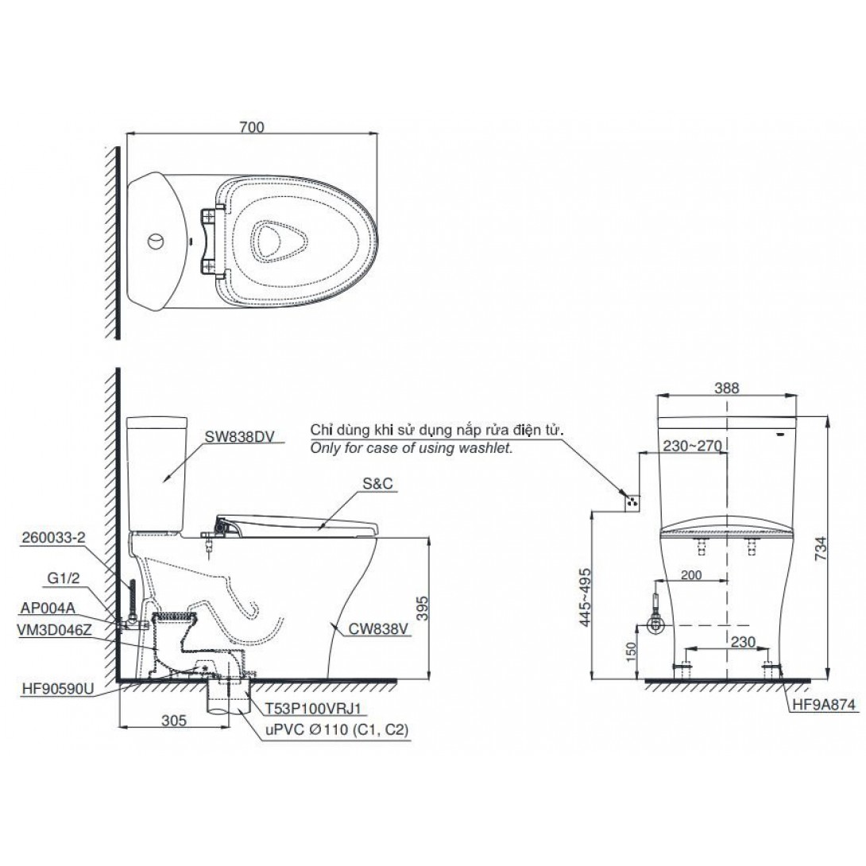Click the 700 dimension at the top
pyautogui.click(x=252, y=126)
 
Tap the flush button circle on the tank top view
pyautogui.click(x=157, y=242)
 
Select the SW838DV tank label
pyautogui.click(x=240, y=436)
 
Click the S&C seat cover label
pyautogui.click(x=377, y=483)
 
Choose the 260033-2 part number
pyautogui.click(x=53, y=537)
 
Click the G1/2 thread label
pyautogui.click(x=64, y=578)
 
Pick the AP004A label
pyautogui.click(x=48, y=608)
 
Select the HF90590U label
pyautogui.click(x=58, y=689)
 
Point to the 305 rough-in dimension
pyautogui.click(x=174, y=720)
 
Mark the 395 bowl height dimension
pyautogui.click(x=422, y=608)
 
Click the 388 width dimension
pyautogui.click(x=726, y=389)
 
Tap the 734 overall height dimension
pyautogui.click(x=821, y=548)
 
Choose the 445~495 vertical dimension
pyautogui.click(x=585, y=597)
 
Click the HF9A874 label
pyautogui.click(x=823, y=704)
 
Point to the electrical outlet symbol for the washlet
pyautogui.click(x=632, y=501)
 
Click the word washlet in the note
pyautogui.click(x=488, y=448)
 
